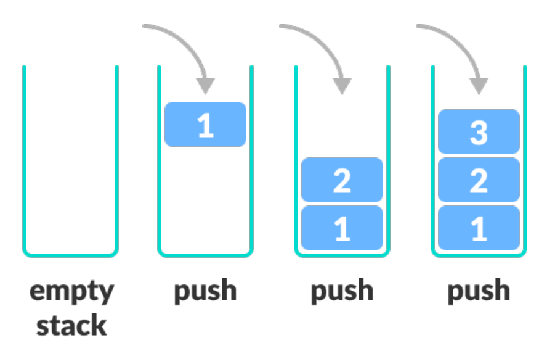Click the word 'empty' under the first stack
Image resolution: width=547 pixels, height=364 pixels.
pyautogui.click(x=71, y=292)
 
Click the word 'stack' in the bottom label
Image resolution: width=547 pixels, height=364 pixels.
pyautogui.click(x=71, y=325)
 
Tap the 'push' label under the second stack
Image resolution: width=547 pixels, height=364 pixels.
pyautogui.click(x=205, y=291)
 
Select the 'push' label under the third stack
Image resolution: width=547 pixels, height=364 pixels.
pyautogui.click(x=342, y=291)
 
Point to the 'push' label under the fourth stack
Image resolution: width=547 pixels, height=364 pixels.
pyautogui.click(x=479, y=291)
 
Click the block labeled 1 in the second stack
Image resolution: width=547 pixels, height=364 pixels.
pyautogui.click(x=205, y=125)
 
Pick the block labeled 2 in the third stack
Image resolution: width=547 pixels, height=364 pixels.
pyautogui.click(x=342, y=180)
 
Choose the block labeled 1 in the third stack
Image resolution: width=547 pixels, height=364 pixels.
pyautogui.click(x=342, y=228)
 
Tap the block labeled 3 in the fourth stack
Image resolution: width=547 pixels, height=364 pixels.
pyautogui.click(x=479, y=131)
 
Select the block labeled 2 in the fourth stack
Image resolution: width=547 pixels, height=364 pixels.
pyautogui.click(x=479, y=180)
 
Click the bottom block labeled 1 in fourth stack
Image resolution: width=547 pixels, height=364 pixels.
pyautogui.click(x=479, y=228)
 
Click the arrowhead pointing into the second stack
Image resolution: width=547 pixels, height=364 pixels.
pyautogui.click(x=205, y=85)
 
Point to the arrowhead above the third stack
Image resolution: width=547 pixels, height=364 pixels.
pyautogui.click(x=341, y=85)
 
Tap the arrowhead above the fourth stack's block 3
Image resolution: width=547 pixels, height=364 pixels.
pyautogui.click(x=478, y=85)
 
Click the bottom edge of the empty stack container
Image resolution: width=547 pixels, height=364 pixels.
pyautogui.click(x=70, y=254)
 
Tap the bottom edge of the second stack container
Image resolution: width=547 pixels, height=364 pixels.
pyautogui.click(x=205, y=254)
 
